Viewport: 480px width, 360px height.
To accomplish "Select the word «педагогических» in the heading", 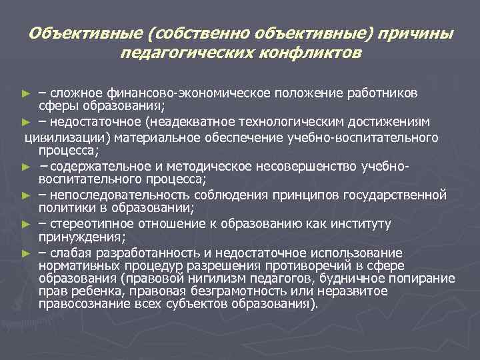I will pos(177,51).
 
